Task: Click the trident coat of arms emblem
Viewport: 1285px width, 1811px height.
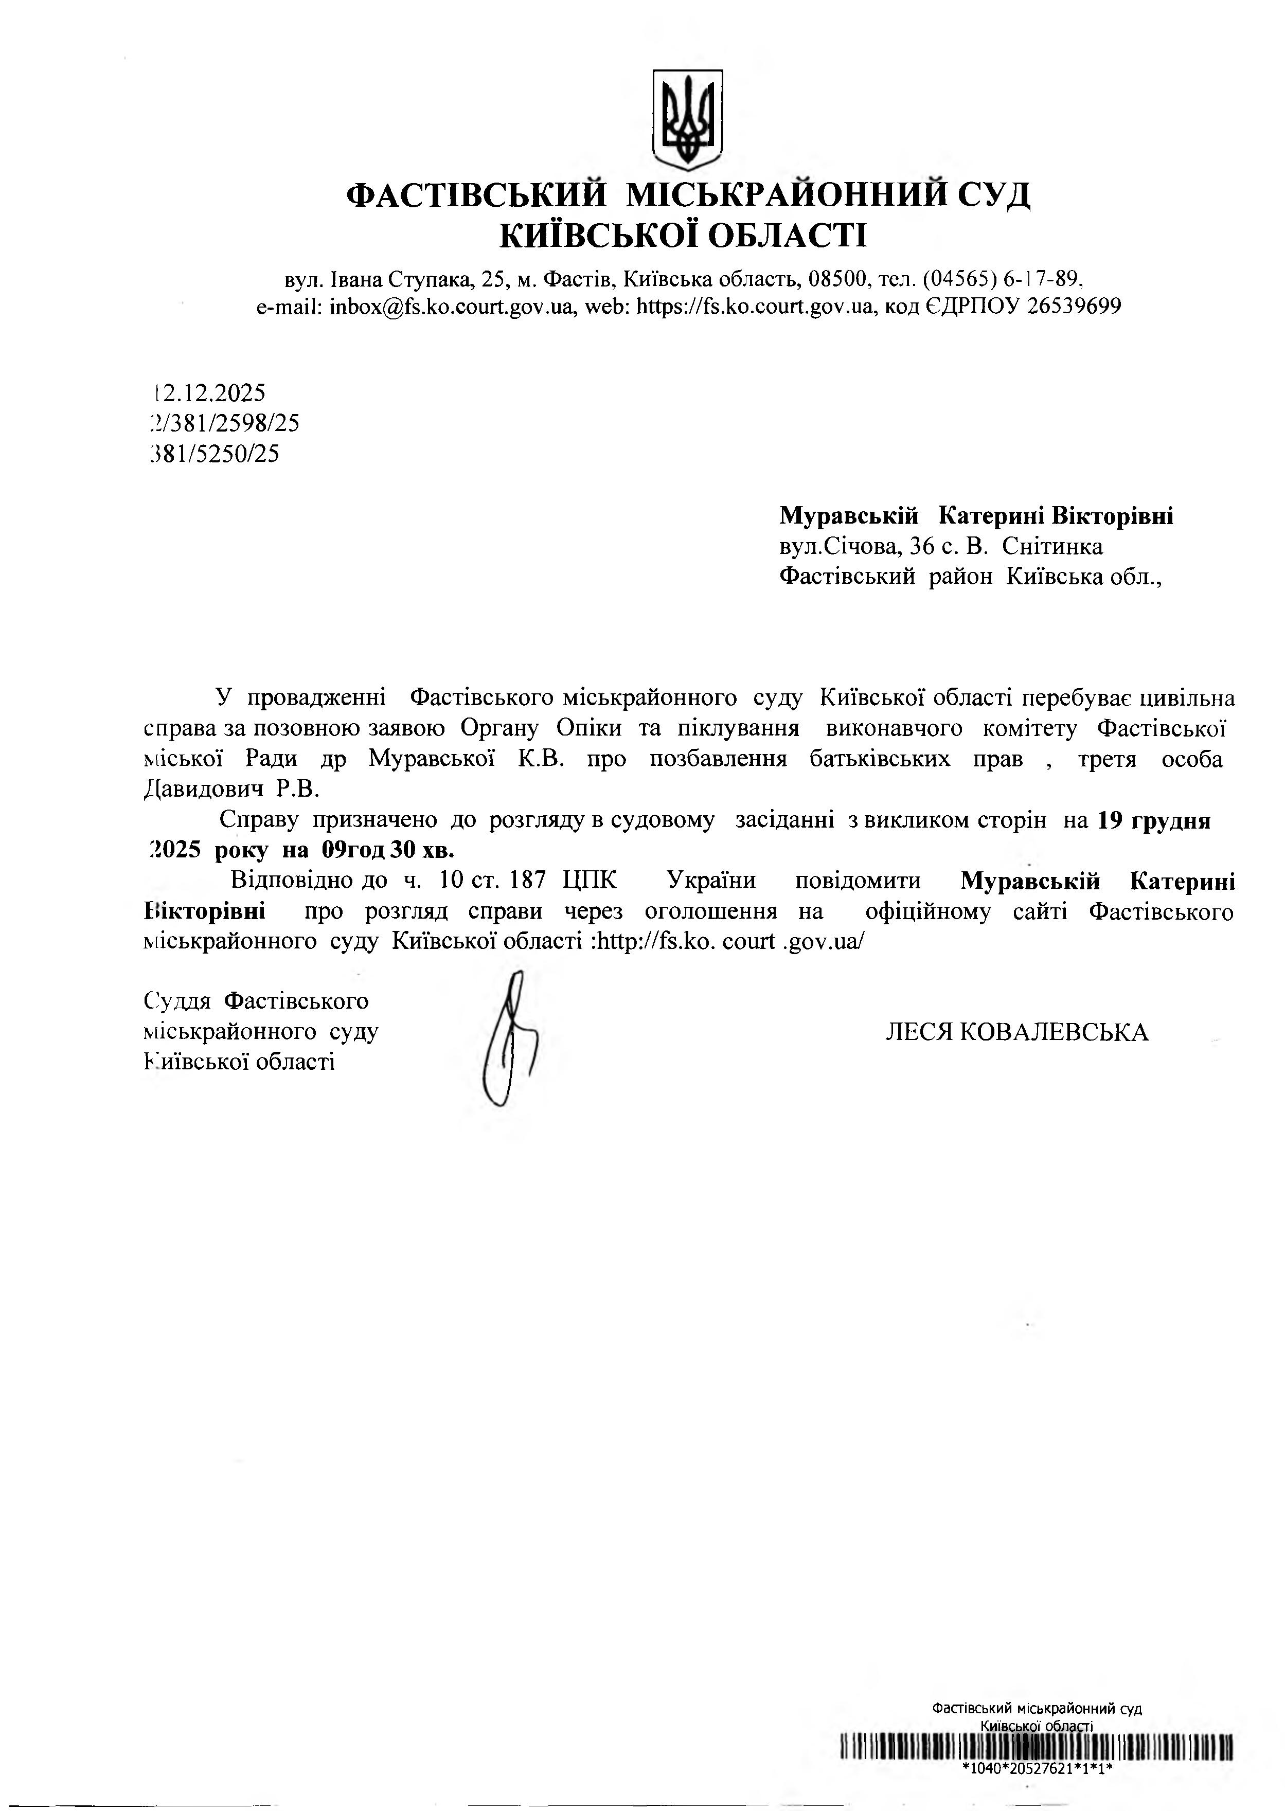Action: click(687, 119)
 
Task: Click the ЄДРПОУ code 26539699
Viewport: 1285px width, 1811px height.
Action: click(1074, 307)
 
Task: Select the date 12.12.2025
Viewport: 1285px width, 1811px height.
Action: click(210, 392)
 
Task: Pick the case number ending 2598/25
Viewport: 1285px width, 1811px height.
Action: click(225, 423)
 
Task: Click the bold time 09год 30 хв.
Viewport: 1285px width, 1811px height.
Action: click(388, 851)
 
